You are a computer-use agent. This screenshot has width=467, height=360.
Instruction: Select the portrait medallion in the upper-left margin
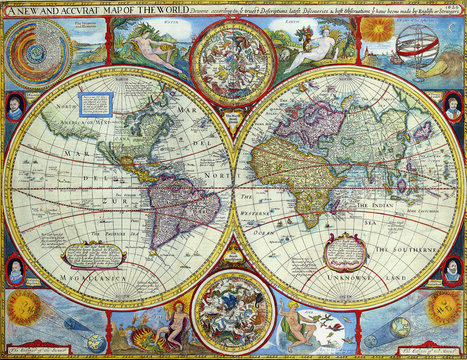coord(15,106)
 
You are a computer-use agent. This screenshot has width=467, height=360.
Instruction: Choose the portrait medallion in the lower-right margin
coord(452,268)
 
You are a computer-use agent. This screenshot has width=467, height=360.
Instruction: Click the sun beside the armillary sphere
coord(379,30)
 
